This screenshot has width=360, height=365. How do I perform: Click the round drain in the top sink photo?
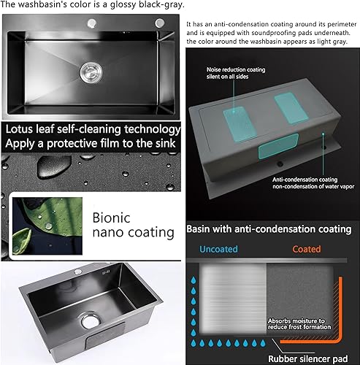click(x=91, y=72)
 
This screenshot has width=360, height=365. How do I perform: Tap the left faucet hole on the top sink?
click(x=92, y=23)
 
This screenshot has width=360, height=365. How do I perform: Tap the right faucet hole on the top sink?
click(x=160, y=23)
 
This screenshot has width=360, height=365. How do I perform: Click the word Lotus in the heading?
click(x=19, y=129)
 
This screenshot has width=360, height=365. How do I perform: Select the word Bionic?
click(x=111, y=218)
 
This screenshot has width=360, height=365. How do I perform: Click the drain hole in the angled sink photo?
click(x=91, y=321)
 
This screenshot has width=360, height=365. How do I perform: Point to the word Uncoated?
click(x=218, y=249)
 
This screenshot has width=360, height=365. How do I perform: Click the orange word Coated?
click(x=307, y=249)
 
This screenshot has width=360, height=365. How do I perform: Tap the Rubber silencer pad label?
click(x=308, y=358)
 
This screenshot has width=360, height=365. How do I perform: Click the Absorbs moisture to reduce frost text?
click(x=299, y=324)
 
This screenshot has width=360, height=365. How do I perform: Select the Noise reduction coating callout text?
click(x=236, y=73)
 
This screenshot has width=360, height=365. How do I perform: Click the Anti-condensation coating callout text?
click(x=313, y=183)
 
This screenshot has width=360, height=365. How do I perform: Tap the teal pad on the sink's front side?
click(x=278, y=146)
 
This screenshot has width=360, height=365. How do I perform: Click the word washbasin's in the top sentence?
click(x=42, y=4)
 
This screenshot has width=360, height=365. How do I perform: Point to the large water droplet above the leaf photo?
click(x=54, y=166)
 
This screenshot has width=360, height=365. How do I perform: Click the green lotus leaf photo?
click(x=47, y=226)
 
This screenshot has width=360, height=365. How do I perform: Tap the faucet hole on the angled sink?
click(x=78, y=272)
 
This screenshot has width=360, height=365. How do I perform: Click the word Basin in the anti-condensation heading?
click(x=198, y=229)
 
